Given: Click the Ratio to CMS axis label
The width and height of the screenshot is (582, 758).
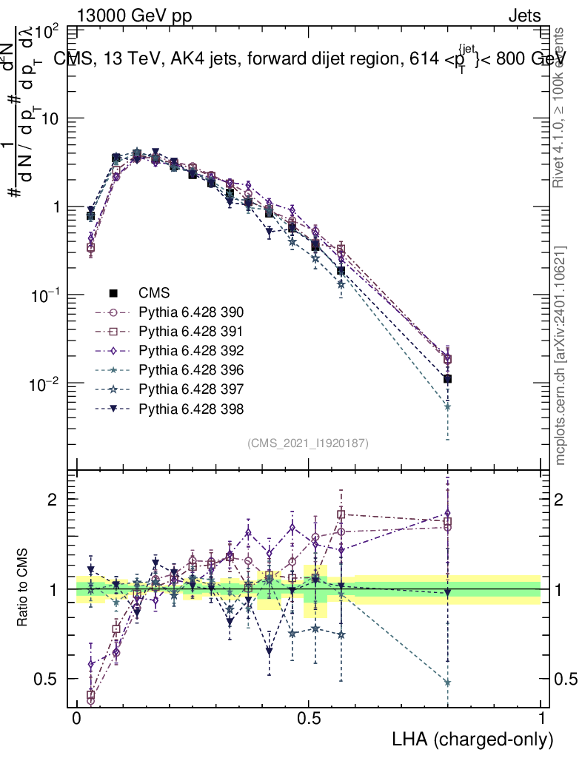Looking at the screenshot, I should click(24, 588).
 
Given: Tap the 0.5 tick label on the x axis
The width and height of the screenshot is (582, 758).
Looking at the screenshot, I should click(309, 719).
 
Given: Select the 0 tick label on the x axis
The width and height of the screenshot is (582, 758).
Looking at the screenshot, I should click(76, 719).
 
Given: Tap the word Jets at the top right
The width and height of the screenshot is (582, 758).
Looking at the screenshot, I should click(524, 16).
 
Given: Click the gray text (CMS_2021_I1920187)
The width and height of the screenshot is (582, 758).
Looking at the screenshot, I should click(308, 443).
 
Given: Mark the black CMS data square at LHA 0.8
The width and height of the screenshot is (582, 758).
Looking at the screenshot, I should click(447, 379).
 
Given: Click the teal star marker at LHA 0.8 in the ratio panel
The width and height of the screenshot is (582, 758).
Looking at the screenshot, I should click(447, 682).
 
